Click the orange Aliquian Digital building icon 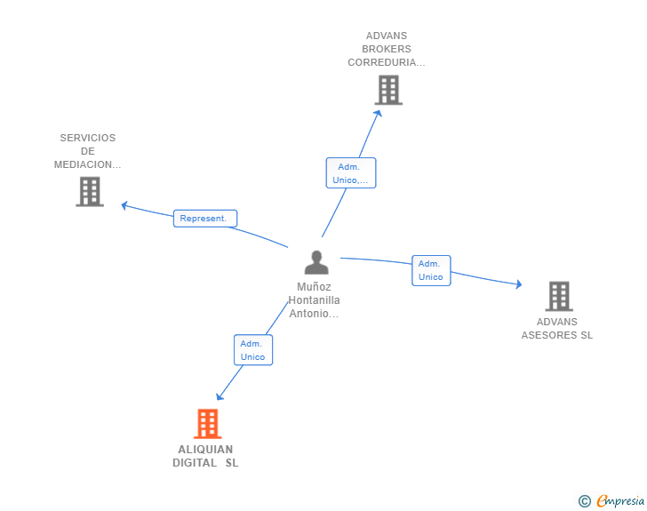(x=207, y=424)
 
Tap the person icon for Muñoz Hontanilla (x=316, y=263)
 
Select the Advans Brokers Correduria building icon (x=387, y=90)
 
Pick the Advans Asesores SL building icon (x=558, y=296)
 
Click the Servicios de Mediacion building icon (x=90, y=191)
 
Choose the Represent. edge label (x=204, y=218)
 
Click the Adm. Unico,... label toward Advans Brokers (x=351, y=172)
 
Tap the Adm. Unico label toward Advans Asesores (x=431, y=270)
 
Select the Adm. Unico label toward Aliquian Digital (x=253, y=350)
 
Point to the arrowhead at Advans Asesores (x=518, y=284)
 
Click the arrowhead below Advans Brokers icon (x=379, y=112)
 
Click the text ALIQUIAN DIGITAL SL (x=205, y=456)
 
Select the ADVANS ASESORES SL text (x=557, y=329)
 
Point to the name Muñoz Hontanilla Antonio (x=315, y=300)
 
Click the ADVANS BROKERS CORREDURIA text (x=387, y=49)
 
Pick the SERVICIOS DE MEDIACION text (x=88, y=151)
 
